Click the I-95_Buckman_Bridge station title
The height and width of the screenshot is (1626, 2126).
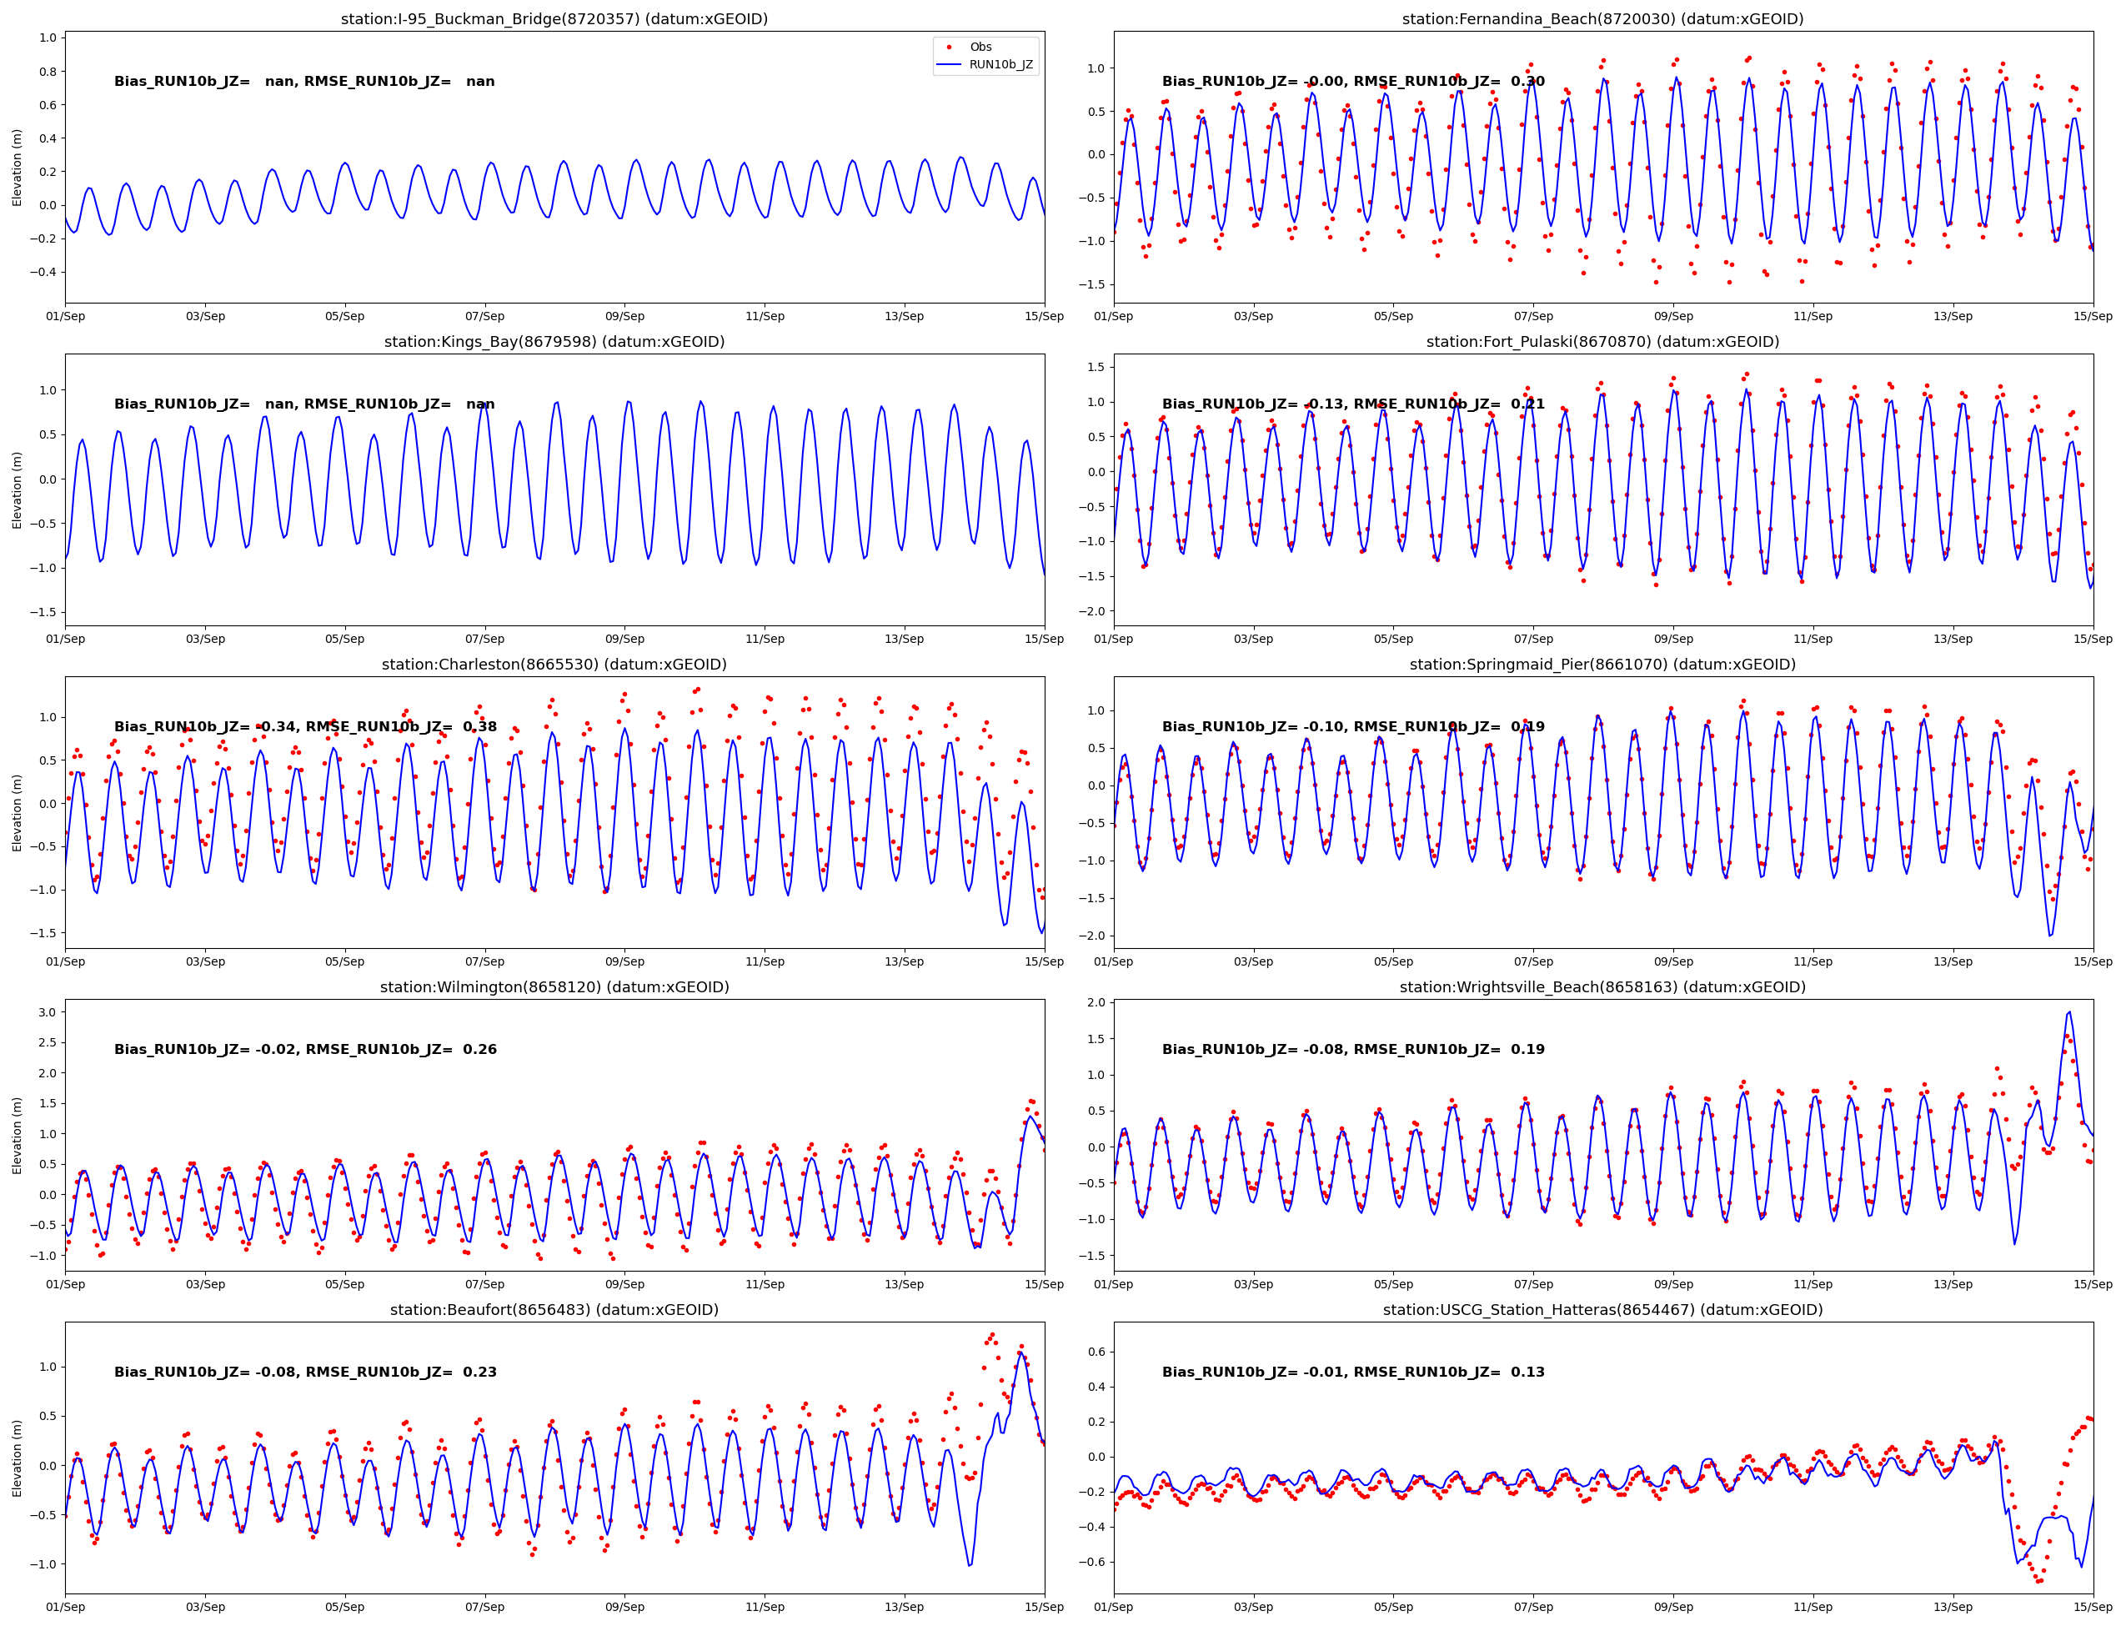coord(554,18)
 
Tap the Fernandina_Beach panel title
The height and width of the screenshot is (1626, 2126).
coord(1602,18)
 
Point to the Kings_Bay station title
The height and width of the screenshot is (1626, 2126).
coord(554,342)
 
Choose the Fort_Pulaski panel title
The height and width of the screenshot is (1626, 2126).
coord(1602,342)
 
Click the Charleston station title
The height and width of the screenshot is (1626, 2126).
coord(554,664)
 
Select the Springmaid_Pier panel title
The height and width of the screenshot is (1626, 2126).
coord(1602,664)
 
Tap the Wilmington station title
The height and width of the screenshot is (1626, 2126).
coord(554,987)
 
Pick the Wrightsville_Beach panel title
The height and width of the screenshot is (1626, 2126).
coord(1602,987)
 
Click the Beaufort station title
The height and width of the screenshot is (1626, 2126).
coord(554,1309)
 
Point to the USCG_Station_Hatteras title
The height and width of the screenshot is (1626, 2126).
coord(1602,1309)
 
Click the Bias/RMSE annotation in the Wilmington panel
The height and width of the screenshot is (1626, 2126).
coord(305,1049)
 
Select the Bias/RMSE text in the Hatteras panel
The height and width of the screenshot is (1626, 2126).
coord(1353,1372)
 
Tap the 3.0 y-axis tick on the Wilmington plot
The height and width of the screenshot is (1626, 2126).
coord(47,1012)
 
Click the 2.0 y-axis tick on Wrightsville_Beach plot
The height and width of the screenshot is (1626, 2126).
coord(1096,1002)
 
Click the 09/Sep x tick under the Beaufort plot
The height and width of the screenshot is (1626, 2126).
coord(624,1607)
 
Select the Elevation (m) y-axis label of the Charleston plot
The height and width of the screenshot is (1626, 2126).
coord(17,812)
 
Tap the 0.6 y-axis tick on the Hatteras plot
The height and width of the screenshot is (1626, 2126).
coord(1096,1352)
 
